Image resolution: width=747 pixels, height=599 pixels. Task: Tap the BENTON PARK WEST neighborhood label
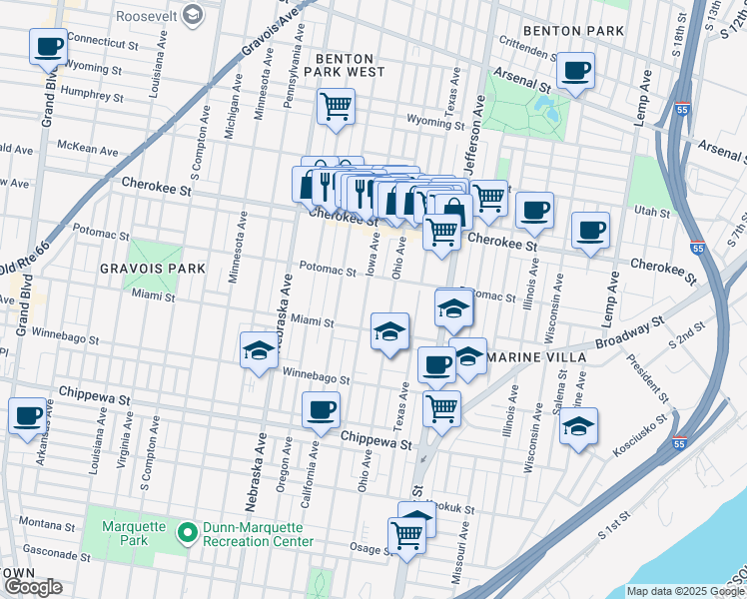(345, 65)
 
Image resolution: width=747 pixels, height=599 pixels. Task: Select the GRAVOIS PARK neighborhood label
(151, 269)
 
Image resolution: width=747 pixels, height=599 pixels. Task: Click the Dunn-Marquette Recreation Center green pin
(187, 533)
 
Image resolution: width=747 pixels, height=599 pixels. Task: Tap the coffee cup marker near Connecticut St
(47, 46)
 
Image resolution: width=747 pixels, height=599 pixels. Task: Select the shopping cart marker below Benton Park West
(337, 105)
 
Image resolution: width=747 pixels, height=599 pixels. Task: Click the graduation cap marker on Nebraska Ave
(259, 350)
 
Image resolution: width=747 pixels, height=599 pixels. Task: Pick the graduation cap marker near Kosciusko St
(578, 426)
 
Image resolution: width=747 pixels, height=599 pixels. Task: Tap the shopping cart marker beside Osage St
(407, 534)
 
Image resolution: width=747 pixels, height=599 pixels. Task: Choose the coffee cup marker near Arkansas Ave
(27, 415)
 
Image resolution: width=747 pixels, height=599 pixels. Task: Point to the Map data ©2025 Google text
(683, 591)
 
